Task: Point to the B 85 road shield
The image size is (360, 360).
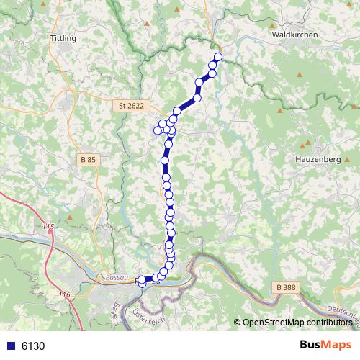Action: pos(88,159)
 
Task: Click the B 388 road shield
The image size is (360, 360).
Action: pos(286,287)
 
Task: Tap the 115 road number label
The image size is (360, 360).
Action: pos(48,228)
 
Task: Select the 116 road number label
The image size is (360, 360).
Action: pos(64,295)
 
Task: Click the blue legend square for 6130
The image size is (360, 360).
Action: pos(10,346)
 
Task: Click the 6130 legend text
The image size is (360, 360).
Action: pos(33,346)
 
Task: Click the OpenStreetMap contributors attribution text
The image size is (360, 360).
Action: pos(297,322)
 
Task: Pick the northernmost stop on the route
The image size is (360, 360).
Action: pos(217,58)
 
